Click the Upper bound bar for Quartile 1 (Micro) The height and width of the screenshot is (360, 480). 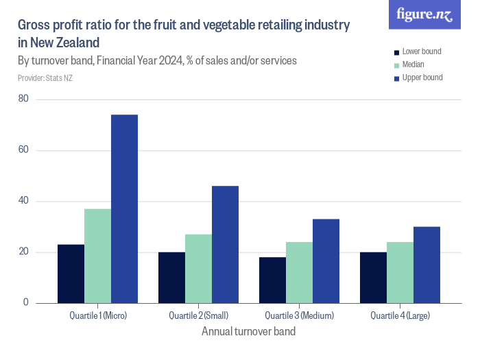[x=124, y=208]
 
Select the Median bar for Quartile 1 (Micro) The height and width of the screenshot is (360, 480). [x=97, y=256]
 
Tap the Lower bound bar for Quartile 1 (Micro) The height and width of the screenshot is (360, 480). [x=71, y=274]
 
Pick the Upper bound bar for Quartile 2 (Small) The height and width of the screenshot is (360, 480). [x=225, y=244]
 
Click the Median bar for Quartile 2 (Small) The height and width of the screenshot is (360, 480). [x=198, y=268]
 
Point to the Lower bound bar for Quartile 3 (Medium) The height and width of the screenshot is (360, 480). [x=272, y=280]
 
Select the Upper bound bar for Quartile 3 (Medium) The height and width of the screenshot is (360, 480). [x=326, y=261]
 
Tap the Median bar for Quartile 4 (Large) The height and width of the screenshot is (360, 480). [x=400, y=272]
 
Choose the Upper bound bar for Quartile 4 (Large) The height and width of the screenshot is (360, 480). [x=427, y=265]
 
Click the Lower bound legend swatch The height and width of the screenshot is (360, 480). [x=396, y=52]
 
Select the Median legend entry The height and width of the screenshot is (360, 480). [x=413, y=64]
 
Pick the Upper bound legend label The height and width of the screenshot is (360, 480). [x=422, y=77]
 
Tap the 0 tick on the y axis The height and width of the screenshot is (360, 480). [x=26, y=302]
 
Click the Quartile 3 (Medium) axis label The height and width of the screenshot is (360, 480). [x=299, y=315]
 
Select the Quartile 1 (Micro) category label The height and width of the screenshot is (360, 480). [x=98, y=315]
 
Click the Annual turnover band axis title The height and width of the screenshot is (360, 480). [x=248, y=332]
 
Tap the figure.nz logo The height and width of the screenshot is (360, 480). [x=424, y=15]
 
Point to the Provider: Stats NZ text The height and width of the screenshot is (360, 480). [x=45, y=78]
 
